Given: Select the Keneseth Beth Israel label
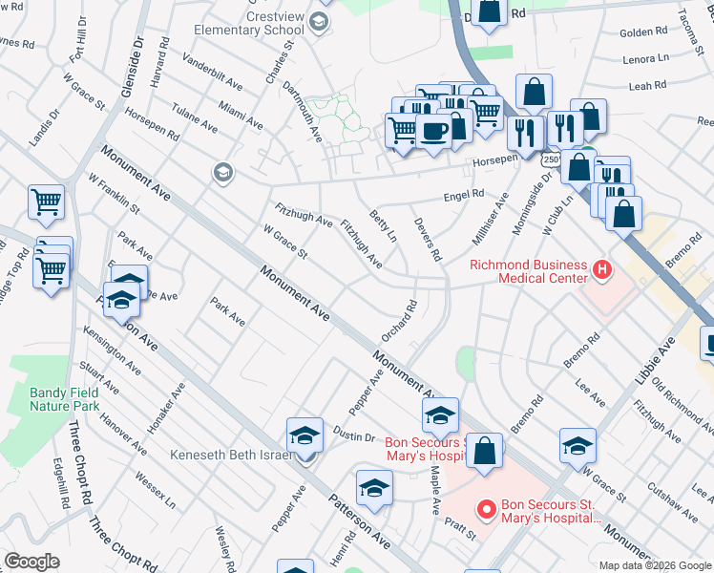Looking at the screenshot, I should tap(230, 455).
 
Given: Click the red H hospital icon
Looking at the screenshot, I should tap(601, 270).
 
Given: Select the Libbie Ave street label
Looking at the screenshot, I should tap(654, 359).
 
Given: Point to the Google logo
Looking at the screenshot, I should tap(31, 562).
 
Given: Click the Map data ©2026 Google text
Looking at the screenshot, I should tap(654, 565).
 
